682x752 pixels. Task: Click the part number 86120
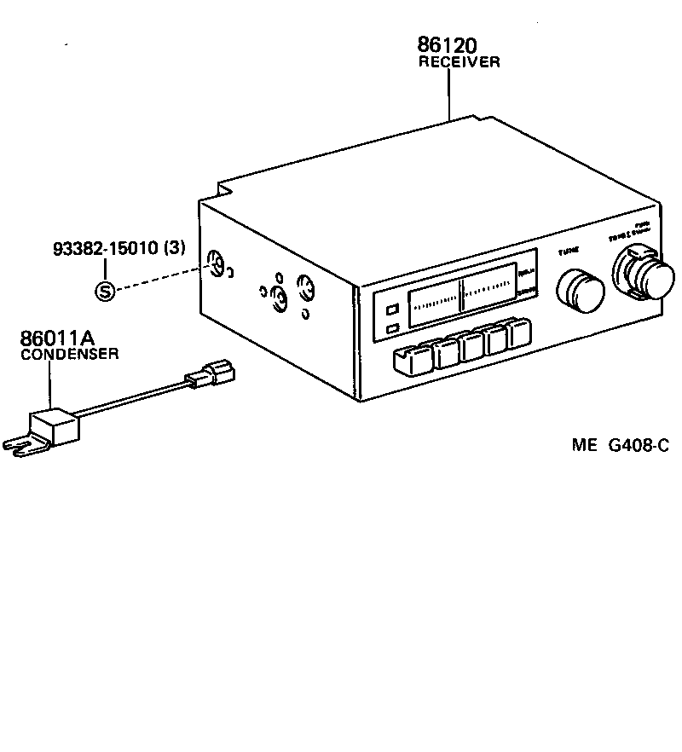click(x=447, y=45)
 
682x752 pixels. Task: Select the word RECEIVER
click(x=458, y=62)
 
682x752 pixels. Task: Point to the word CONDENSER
click(x=69, y=354)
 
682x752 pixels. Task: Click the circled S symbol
click(x=104, y=292)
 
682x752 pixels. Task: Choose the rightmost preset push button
click(x=518, y=333)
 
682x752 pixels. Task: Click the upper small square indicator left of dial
click(x=391, y=311)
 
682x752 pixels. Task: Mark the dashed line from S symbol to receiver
click(x=158, y=279)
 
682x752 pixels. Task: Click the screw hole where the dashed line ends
click(x=215, y=266)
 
